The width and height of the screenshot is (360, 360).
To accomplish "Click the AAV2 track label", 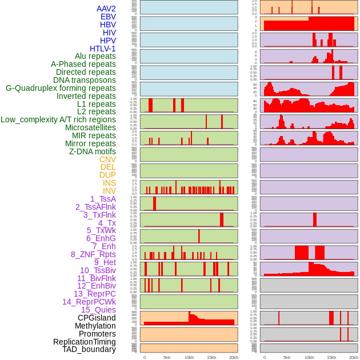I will point(106,9).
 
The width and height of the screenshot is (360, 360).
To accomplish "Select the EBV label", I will point(108,17).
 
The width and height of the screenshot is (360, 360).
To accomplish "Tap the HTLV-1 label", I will point(103,49).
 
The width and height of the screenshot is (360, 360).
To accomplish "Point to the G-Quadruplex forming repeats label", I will point(61,88).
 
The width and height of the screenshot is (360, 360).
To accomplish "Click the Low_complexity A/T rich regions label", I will point(58,119).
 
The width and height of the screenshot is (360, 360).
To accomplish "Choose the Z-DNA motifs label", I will point(93,151).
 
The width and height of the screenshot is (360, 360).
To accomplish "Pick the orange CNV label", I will point(107,159).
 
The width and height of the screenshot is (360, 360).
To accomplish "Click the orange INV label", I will point(109,191).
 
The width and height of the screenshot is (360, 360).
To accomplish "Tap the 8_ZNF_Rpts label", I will point(93,254).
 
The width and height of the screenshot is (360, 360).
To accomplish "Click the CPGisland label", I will point(97,318).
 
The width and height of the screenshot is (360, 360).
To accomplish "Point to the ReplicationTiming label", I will point(85,342).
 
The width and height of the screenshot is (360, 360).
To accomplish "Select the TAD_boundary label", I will point(89,349).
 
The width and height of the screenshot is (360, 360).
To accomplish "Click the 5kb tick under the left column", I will point(167,357).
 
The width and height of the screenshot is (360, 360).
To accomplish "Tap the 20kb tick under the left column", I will point(234,357).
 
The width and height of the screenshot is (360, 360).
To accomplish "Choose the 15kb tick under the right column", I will point(331,357).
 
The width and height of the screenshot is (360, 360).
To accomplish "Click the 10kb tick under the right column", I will point(309,357).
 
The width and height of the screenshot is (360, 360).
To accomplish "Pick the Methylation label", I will point(95,326).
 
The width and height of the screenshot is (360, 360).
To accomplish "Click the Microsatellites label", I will point(90,127).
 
